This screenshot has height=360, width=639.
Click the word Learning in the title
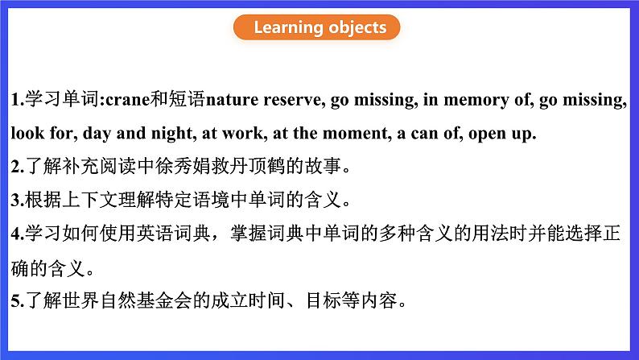pyautogui.click(x=289, y=27)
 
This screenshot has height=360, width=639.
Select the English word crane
pyautogui.click(x=127, y=100)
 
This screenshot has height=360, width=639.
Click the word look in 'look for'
pyautogui.click(x=27, y=133)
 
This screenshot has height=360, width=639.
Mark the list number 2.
pyautogui.click(x=18, y=167)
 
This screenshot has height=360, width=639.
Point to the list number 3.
pyautogui.click(x=18, y=201)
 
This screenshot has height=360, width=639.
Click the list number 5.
pyautogui.click(x=18, y=301)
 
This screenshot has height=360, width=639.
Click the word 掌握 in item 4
pyautogui.click(x=248, y=234)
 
